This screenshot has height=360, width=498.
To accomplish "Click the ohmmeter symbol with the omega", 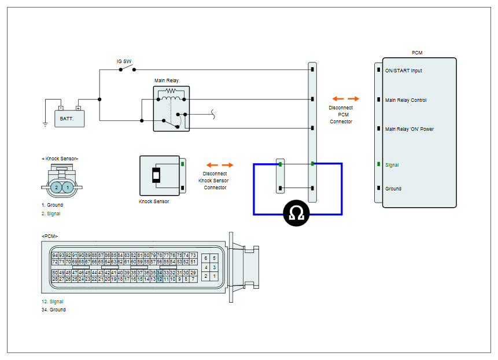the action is pos(296,213).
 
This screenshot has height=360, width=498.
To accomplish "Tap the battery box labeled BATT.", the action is pos(69,119).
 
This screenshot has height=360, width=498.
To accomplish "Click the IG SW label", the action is pos(124,61).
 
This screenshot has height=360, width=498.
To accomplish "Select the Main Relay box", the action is pos(172,109).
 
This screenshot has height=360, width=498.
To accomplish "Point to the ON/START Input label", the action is pos(403,71).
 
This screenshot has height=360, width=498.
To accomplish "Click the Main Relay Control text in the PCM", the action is pos(405,100).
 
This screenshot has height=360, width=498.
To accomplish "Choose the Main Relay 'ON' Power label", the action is pos(409,129).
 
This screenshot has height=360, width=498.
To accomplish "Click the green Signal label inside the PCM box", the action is pos(392,165).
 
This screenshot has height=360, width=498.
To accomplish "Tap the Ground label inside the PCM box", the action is pos(393,189).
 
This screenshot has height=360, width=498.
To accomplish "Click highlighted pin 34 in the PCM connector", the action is pos(160,273).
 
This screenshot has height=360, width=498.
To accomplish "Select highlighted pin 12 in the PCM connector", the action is pos(160,279).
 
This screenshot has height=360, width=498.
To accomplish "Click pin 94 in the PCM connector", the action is pos(56,255).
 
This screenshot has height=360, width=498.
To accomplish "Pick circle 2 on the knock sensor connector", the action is pos(57,188).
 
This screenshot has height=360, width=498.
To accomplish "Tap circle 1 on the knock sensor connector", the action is pos(67,188).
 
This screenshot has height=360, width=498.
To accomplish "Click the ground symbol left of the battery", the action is pos(45,124).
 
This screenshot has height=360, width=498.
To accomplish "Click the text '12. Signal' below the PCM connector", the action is pos(53,302).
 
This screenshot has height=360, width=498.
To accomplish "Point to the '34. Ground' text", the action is pos(53,310).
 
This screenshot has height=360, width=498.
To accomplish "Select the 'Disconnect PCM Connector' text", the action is pos(341,115).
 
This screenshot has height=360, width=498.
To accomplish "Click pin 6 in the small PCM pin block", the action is pos(206,258).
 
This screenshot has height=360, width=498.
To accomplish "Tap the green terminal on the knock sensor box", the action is pos(183,164).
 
